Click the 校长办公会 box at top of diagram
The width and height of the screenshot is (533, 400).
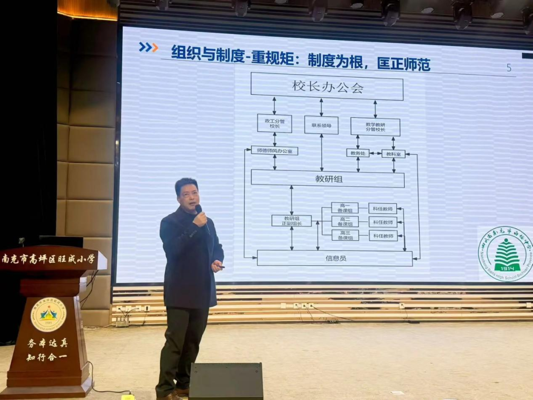coord(327,87)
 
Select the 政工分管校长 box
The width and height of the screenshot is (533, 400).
coord(274,123)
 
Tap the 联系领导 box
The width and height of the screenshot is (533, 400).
coord(321,125)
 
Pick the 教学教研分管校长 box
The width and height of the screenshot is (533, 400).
coord(375,126)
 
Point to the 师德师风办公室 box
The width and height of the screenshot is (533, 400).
coord(274,150)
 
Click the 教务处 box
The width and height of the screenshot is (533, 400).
coord(357,153)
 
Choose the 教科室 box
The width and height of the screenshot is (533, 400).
coord(393,154)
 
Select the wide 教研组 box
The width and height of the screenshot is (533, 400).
coord(327,178)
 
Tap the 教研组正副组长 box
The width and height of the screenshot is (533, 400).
coord(291,220)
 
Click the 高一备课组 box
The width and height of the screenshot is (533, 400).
coord(345,208)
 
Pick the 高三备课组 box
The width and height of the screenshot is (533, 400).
coord(345,235)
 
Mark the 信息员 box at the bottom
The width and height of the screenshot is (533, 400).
coord(335,258)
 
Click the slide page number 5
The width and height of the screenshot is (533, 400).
coord(509,68)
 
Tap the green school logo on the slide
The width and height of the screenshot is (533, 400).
coord(505,254)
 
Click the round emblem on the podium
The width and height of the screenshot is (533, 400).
coord(48,314)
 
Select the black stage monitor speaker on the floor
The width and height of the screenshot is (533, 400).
coord(226,381)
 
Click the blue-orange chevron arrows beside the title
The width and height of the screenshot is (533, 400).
coord(148,47)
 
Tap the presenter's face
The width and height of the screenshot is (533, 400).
coord(188,195)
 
